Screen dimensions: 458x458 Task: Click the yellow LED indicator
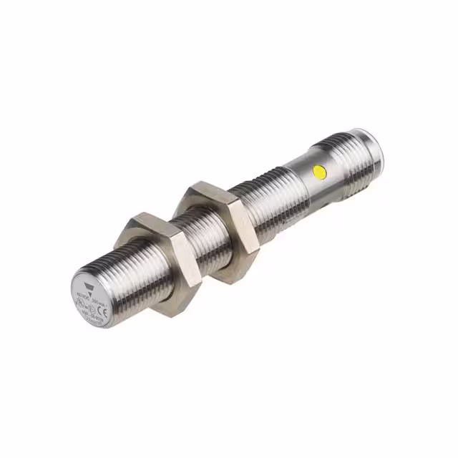318,171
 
